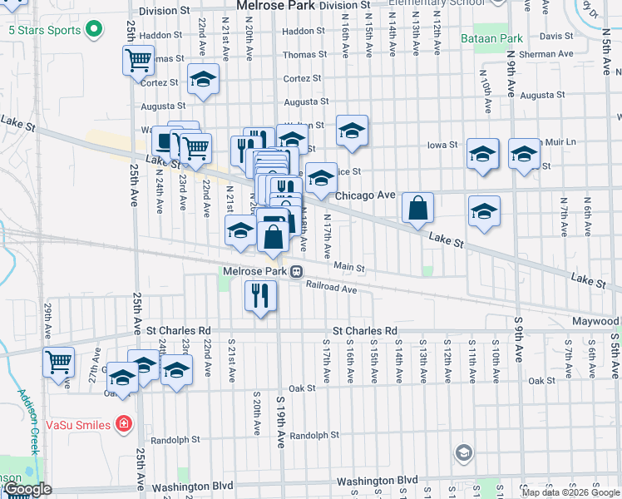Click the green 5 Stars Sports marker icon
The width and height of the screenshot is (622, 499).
(93, 31)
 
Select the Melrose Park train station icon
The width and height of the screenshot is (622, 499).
(295, 271)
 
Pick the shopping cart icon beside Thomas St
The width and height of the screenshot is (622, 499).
(138, 61)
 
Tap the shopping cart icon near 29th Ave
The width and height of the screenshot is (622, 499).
(59, 363)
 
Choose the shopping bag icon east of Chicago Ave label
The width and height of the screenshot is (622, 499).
(418, 208)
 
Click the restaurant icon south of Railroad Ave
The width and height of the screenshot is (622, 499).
(260, 294)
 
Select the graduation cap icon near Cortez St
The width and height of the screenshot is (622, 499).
(203, 80)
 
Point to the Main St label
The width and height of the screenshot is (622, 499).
(349, 268)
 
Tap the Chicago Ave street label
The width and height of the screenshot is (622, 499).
(364, 195)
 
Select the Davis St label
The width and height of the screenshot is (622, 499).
(550, 37)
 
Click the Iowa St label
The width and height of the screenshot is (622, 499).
(442, 145)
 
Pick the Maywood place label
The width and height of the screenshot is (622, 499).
(595, 321)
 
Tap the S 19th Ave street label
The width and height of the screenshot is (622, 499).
(280, 424)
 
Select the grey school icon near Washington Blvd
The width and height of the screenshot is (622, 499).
(463, 453)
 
